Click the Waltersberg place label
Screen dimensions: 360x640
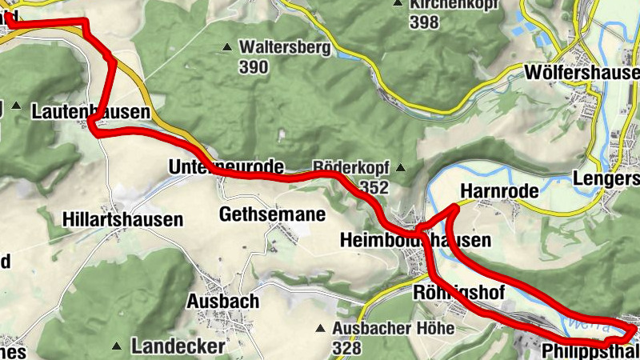click(x=284, y=48)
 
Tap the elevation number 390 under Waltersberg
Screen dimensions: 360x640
click(x=253, y=67)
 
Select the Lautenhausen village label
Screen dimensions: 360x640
click(x=90, y=113)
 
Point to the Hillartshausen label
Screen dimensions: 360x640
click(x=122, y=219)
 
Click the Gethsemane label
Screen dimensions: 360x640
click(x=272, y=214)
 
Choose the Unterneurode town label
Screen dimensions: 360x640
click(x=226, y=167)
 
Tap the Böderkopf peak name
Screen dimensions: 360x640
click(x=350, y=168)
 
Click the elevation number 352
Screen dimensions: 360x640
click(x=374, y=188)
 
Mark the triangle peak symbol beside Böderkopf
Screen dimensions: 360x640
click(x=401, y=168)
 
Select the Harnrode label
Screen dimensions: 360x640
click(x=499, y=192)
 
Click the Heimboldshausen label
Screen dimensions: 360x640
click(x=414, y=240)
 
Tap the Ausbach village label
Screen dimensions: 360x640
click(x=222, y=302)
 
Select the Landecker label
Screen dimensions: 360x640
click(x=178, y=346)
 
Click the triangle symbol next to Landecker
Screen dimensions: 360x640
click(x=118, y=346)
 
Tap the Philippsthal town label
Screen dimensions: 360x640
click(x=590, y=352)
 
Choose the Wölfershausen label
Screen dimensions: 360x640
click(x=582, y=74)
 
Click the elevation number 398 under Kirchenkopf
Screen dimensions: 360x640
click(x=423, y=22)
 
